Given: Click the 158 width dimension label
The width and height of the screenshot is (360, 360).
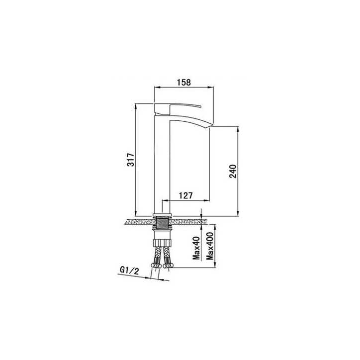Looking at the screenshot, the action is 183,82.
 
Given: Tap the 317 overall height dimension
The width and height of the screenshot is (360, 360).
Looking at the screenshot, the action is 131,160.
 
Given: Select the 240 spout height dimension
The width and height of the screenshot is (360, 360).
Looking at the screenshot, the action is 233,171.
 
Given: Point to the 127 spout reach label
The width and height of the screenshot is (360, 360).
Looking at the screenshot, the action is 186,195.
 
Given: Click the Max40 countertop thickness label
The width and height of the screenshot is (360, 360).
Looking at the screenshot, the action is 196,248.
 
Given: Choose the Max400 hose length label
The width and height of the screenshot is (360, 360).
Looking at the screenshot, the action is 210,246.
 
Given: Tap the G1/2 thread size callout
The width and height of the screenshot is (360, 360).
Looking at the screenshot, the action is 129,271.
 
